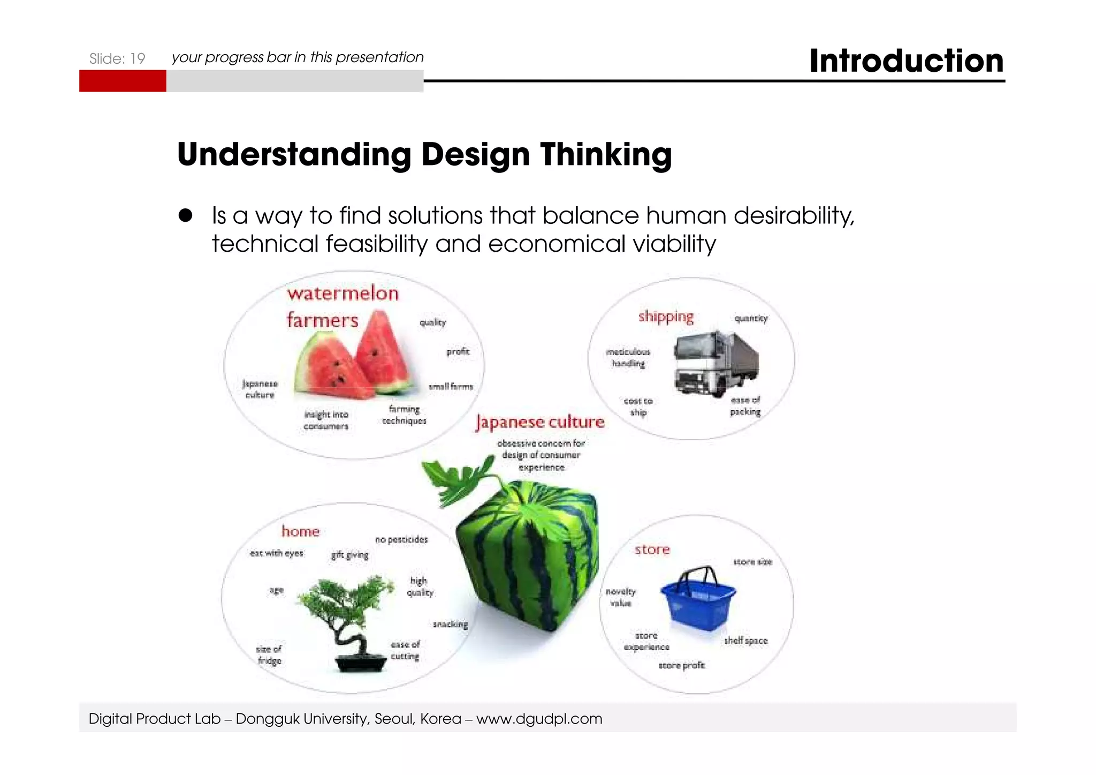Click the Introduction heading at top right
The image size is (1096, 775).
click(x=906, y=61)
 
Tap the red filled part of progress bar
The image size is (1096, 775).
click(x=123, y=81)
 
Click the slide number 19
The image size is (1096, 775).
click(x=138, y=58)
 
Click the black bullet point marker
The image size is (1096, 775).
click(x=185, y=215)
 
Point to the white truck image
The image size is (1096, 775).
click(x=715, y=363)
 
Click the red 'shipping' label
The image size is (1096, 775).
click(x=666, y=317)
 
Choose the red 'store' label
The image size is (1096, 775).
click(x=652, y=550)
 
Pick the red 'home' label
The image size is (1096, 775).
click(x=300, y=531)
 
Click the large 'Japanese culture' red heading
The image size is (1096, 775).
click(x=540, y=422)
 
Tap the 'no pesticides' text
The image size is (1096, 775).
click(x=401, y=539)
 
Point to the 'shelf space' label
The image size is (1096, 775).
click(x=745, y=641)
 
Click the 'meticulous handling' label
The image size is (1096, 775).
click(x=628, y=357)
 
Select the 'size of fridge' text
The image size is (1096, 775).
click(x=269, y=654)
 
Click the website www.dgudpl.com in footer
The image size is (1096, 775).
click(x=539, y=719)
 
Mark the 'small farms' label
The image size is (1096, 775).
click(x=451, y=386)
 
